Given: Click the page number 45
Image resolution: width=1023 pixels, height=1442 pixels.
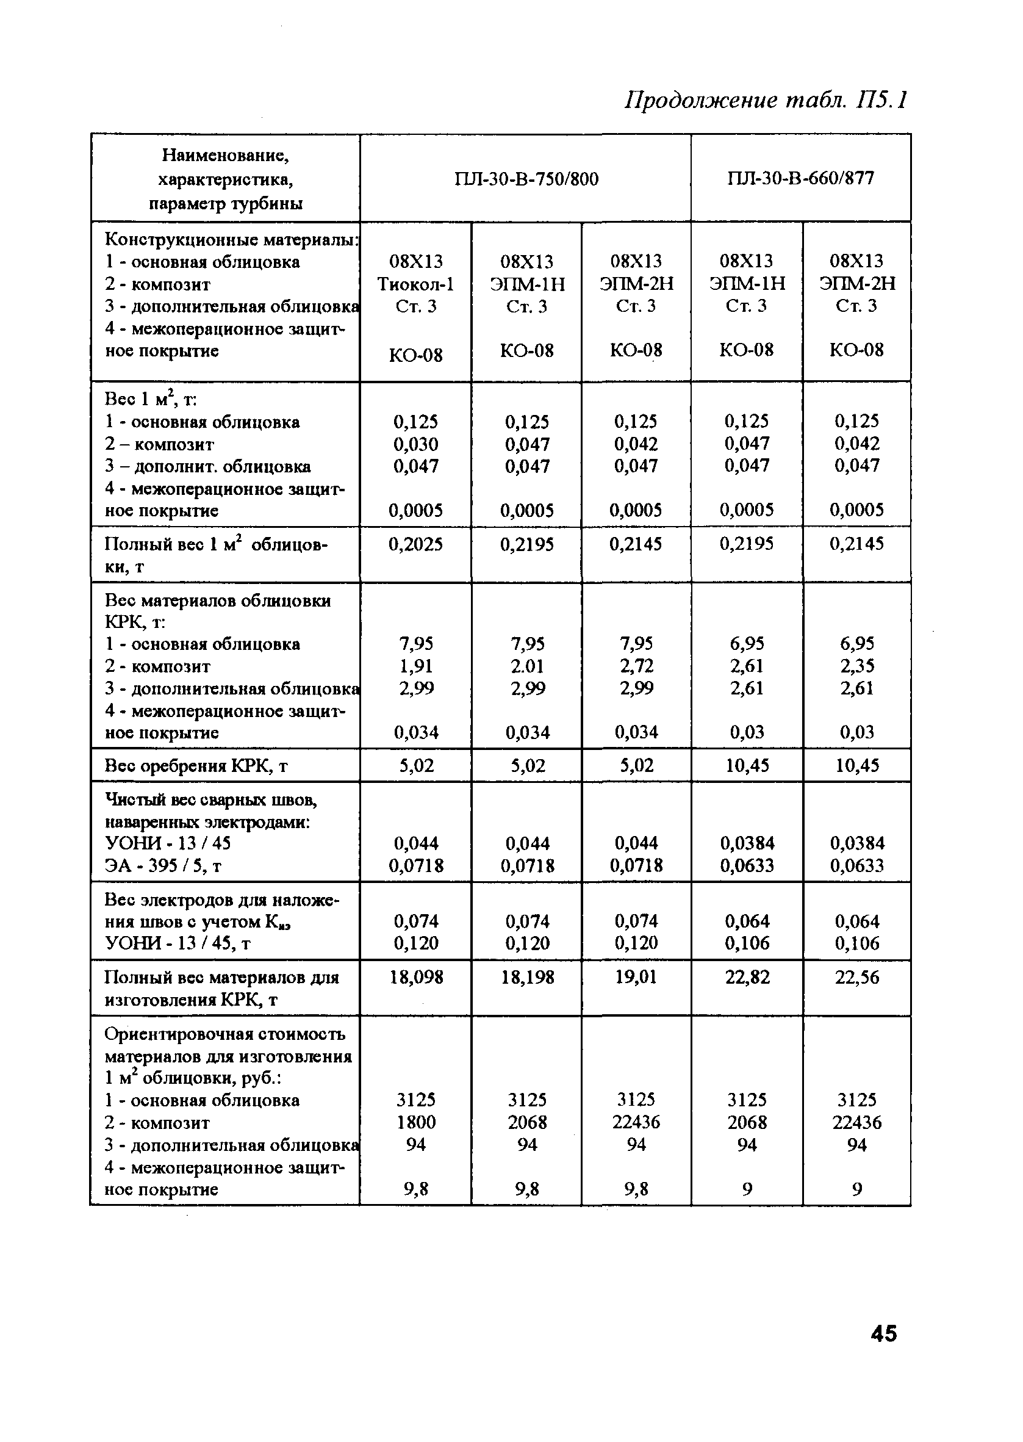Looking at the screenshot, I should point(883,1333).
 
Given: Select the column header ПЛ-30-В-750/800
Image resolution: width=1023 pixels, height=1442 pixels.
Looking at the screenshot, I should point(526,179).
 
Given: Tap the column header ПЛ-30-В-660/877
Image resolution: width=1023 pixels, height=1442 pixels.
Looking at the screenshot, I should point(800,178).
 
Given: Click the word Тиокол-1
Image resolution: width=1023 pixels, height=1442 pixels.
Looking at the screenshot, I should point(416,284).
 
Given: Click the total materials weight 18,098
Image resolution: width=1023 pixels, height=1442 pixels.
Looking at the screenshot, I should point(416,977).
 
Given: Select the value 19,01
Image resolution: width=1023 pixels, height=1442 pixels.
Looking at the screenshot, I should point(636,977).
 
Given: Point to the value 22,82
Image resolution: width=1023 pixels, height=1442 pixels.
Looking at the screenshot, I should point(747,977).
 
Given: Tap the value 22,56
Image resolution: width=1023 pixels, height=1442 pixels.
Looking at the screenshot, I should point(856,977).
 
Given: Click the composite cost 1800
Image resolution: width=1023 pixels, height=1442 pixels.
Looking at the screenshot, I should point(416,1122).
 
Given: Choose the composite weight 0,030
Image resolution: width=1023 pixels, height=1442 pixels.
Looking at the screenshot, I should point(416,445).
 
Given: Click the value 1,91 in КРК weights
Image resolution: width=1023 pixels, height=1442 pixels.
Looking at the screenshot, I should point(416,666).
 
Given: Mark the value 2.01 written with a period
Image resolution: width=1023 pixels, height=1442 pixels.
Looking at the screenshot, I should point(526,666).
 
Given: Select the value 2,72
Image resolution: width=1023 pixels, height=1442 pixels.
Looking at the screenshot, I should point(636,666).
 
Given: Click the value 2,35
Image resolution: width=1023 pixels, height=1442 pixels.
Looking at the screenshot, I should point(856,666).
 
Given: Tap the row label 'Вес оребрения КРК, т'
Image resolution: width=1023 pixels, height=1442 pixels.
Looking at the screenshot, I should point(196,766).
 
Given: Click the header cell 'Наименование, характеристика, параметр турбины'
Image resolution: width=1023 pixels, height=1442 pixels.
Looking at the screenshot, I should point(226,179).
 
